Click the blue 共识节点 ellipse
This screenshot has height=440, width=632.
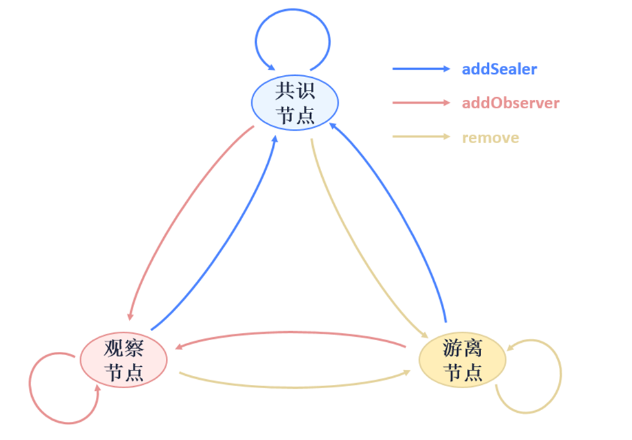click(295, 102)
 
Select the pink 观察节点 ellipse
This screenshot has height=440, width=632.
click(123, 360)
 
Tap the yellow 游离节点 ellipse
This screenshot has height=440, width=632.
click(462, 360)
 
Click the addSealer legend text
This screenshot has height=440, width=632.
click(499, 69)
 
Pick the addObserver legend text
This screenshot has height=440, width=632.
click(510, 103)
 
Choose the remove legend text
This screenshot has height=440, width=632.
click(490, 137)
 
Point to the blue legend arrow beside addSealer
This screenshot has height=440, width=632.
click(420, 69)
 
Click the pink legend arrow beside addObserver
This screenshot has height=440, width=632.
click(420, 103)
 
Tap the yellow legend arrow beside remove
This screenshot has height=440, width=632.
click(420, 137)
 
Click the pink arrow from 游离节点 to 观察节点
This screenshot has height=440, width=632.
click(291, 333)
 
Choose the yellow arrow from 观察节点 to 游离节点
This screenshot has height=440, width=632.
click(291, 387)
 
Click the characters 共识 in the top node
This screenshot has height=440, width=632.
click(295, 90)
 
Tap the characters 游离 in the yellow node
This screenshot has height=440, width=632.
click(462, 349)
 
